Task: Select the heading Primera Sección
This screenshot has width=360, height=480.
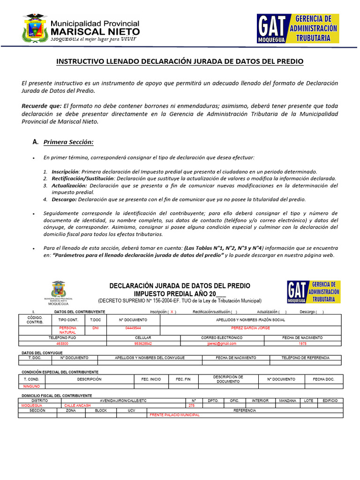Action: pos(69,142)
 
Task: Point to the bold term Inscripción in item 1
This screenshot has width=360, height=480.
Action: pos(65,172)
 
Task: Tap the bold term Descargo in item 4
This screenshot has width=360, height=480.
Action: pos(64,199)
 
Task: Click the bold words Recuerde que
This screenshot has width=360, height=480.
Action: pos(41,106)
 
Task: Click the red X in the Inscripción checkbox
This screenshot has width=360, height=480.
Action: pos(172,312)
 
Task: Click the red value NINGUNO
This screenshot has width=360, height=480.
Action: pos(32,386)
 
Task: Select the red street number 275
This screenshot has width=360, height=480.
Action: pos(191,405)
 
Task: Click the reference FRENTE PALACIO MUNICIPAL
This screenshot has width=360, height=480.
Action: pos(174,415)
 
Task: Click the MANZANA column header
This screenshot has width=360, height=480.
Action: pos(287,401)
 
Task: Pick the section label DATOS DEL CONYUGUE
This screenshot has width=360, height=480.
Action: pos(43,352)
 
